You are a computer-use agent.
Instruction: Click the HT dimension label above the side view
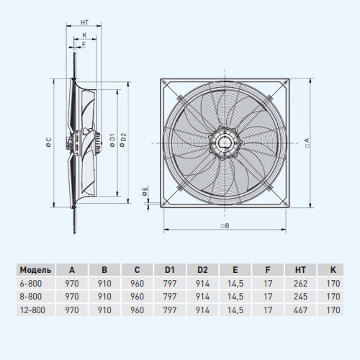(x=84, y=22)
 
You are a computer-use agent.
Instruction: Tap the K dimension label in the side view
(x=85, y=35)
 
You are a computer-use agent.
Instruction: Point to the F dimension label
(x=84, y=44)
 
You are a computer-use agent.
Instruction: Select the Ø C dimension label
(x=49, y=142)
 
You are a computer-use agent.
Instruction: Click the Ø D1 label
(x=112, y=140)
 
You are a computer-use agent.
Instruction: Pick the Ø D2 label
(x=123, y=140)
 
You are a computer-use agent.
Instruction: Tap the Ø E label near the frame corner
(x=145, y=191)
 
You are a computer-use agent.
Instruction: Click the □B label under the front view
(x=225, y=226)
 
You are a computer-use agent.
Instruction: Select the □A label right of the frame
(x=307, y=143)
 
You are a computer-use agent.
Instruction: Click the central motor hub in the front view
(x=225, y=143)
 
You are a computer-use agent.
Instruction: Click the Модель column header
(x=35, y=270)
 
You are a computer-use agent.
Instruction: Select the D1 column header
(x=170, y=270)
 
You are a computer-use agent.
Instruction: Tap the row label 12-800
(x=32, y=310)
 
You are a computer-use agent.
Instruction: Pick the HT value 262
(x=300, y=284)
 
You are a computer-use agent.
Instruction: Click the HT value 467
(x=300, y=310)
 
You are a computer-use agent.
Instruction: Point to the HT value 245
(x=300, y=297)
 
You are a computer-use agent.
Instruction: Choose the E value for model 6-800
(x=235, y=284)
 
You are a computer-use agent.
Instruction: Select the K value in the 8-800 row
(x=333, y=297)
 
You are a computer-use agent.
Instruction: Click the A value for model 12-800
(x=72, y=310)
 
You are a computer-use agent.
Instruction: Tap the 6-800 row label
(x=31, y=284)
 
